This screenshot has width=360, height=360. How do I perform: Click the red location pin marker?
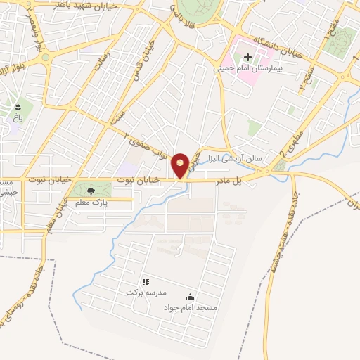181,165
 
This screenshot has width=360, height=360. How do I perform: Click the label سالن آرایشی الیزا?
230,160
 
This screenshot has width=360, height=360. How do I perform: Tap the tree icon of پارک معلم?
90,191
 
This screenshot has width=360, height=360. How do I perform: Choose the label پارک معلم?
90,202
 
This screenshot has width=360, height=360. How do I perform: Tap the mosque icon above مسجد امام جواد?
190,297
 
